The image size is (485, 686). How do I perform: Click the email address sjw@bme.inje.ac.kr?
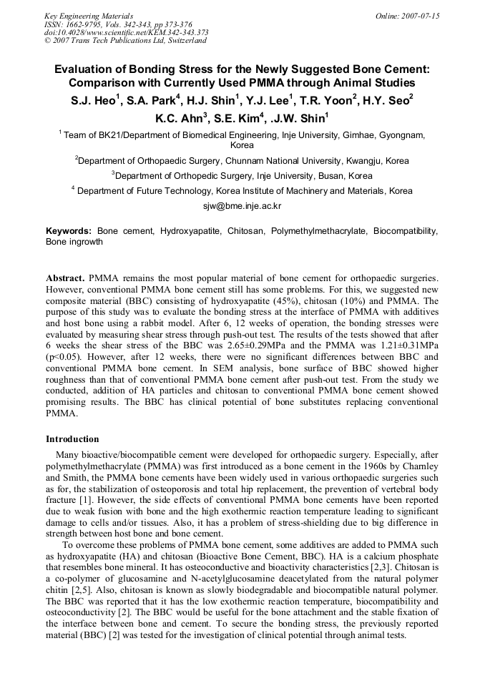[242, 205]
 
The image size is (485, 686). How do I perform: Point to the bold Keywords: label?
[69, 231]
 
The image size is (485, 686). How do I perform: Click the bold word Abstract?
[66, 277]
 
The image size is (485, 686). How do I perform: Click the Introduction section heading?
[72, 439]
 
